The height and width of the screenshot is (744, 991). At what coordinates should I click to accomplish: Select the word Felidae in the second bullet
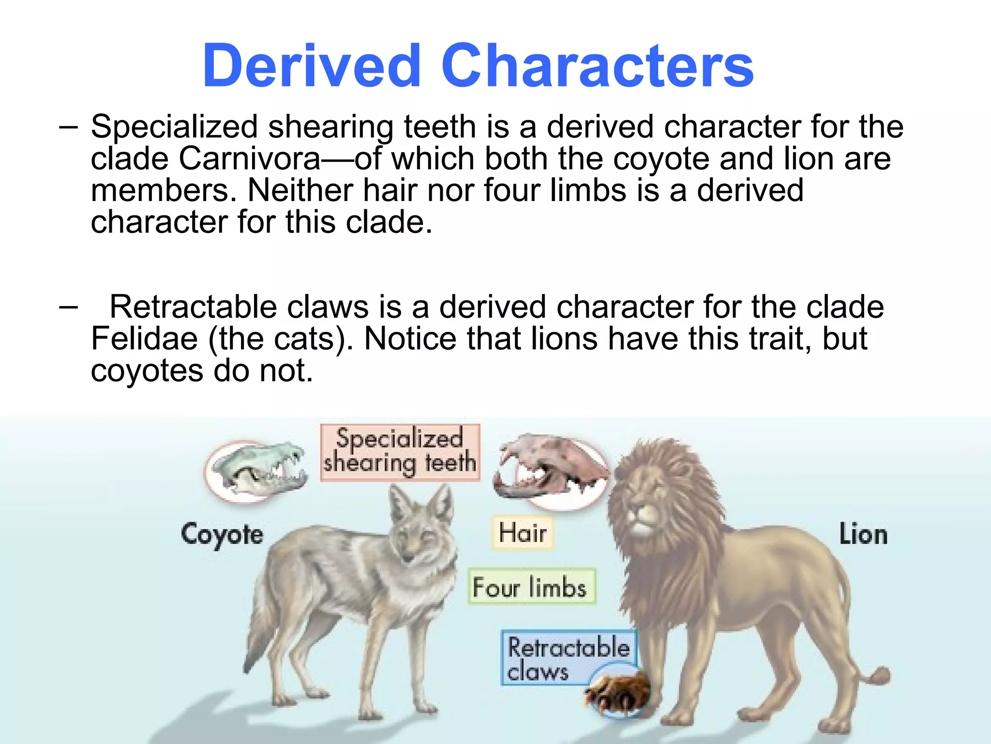144,339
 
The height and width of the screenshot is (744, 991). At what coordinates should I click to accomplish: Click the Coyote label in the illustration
222,534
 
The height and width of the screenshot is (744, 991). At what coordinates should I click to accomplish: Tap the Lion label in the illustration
863,534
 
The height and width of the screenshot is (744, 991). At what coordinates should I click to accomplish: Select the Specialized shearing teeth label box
400,452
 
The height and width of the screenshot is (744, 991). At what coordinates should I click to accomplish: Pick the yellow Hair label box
523,533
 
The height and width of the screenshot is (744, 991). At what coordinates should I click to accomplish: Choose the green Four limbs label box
531,587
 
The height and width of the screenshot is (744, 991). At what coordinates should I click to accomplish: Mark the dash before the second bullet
68,307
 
